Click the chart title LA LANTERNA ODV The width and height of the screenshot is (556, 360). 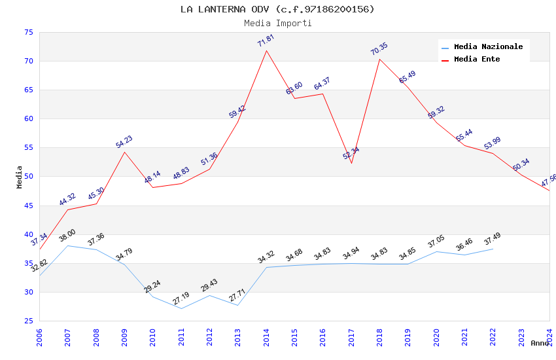coord(277,9)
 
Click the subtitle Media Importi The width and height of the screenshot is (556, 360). coord(277,23)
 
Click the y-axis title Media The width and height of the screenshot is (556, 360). coord(20,177)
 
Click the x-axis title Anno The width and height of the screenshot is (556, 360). coord(540,343)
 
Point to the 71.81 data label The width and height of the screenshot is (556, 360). coord(266,41)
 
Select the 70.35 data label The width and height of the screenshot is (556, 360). coord(379,49)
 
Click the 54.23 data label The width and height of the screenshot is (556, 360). coord(124,142)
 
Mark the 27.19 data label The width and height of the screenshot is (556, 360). coord(181,298)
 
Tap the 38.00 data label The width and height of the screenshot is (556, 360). coord(67,236)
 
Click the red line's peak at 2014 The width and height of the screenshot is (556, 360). coord(266,50)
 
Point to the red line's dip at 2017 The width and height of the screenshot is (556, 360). coord(351,163)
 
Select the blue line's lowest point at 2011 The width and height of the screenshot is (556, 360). coord(181,308)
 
